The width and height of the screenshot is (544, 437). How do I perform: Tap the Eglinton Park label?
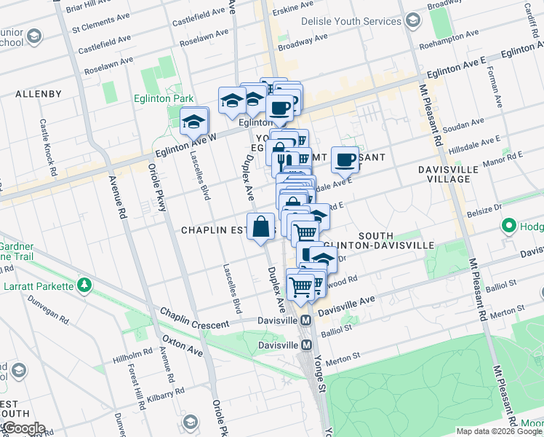coord(163,98)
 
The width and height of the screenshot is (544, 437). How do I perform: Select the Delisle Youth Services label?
coord(351,21)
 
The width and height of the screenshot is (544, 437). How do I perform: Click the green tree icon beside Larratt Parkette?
coord(86,283)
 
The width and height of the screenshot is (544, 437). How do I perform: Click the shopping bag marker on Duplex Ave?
coord(261,227)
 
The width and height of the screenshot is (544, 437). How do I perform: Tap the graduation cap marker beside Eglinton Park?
coord(194,122)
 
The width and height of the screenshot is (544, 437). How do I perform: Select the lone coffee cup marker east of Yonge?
coord(345,159)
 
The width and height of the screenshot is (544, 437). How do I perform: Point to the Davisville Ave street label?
coord(346,305)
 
